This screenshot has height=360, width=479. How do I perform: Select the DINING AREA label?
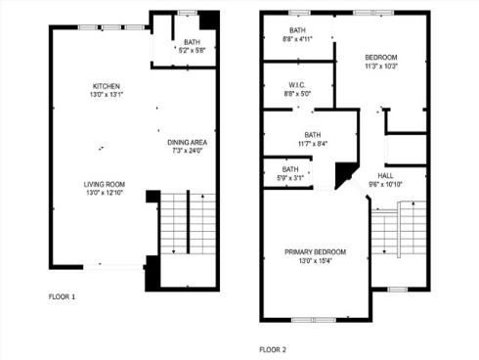click(188, 142)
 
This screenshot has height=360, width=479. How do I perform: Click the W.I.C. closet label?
click(298, 85)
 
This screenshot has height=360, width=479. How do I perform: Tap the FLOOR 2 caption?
click(273, 348)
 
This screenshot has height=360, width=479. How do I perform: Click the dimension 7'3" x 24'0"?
click(188, 151)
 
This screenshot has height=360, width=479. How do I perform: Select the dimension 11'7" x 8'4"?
click(313, 144)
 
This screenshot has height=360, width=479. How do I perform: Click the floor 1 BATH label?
click(193, 42)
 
